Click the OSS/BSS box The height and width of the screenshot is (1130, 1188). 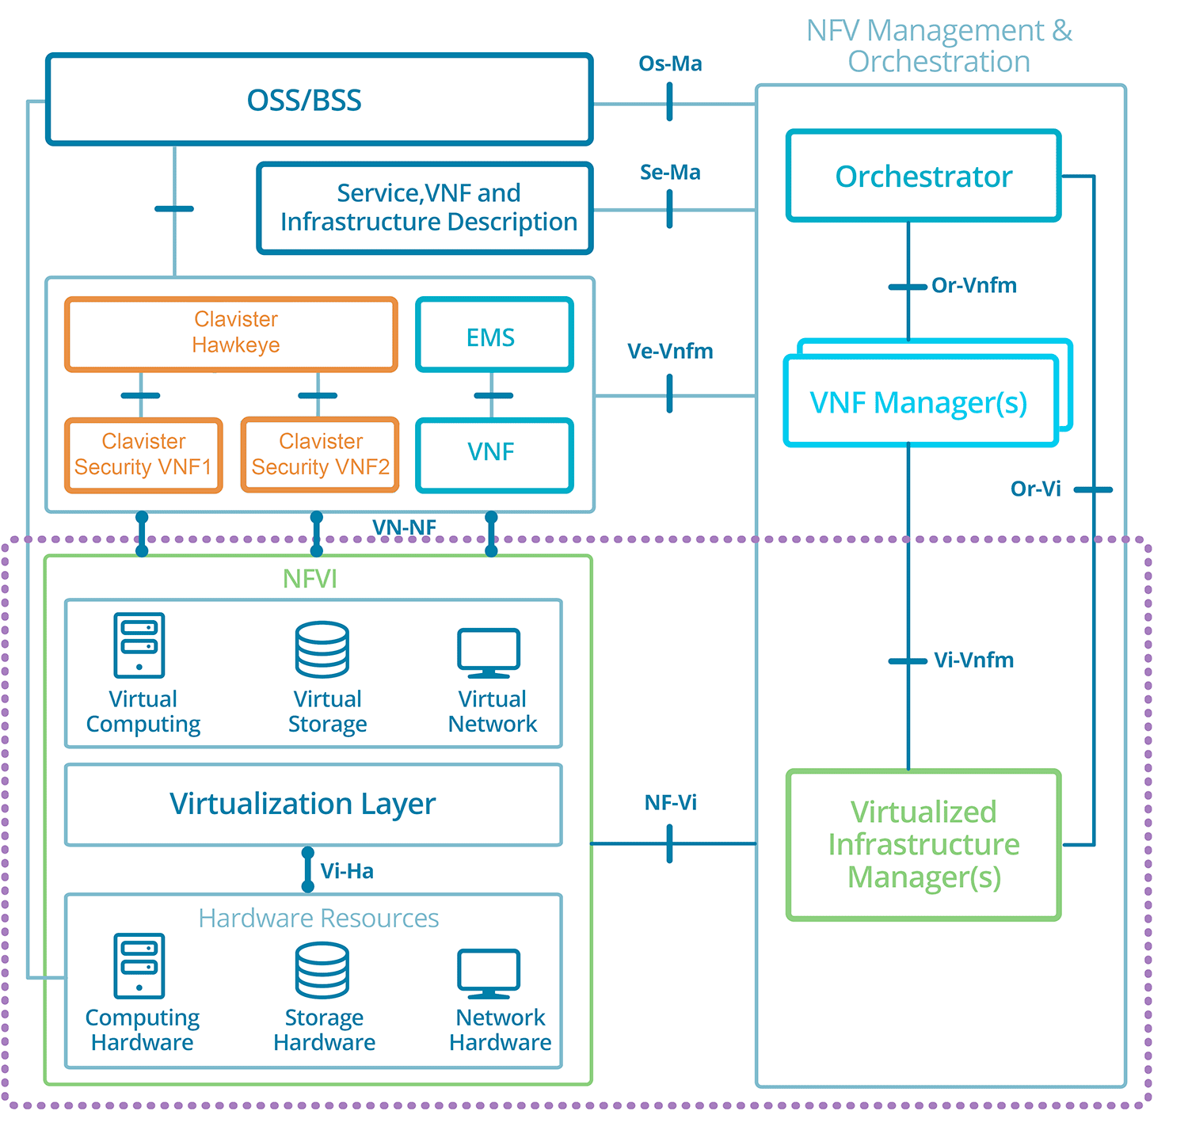click(x=319, y=100)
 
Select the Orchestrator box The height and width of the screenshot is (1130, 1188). click(x=923, y=176)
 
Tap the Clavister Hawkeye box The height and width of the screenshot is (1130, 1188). click(x=230, y=334)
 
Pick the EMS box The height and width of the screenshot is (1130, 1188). click(x=493, y=334)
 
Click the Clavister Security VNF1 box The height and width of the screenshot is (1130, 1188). click(x=143, y=455)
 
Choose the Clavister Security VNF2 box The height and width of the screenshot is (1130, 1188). click(x=320, y=455)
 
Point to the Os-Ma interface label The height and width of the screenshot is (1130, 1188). click(x=669, y=63)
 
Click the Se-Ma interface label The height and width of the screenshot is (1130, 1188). click(x=669, y=172)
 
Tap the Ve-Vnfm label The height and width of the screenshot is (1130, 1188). click(x=669, y=351)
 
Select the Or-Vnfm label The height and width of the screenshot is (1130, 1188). click(x=973, y=285)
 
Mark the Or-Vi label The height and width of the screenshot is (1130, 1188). click(x=1035, y=489)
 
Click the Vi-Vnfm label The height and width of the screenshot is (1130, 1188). click(x=973, y=660)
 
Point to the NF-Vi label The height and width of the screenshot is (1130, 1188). click(x=670, y=802)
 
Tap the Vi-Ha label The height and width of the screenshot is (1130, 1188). click(x=347, y=871)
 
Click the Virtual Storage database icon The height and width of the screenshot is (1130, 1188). click(x=322, y=649)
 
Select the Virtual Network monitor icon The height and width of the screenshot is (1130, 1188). click(x=488, y=653)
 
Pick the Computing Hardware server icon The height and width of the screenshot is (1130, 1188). click(x=139, y=965)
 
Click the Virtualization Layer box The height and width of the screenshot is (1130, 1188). click(x=313, y=805)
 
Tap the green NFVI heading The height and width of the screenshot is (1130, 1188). click(x=310, y=579)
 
